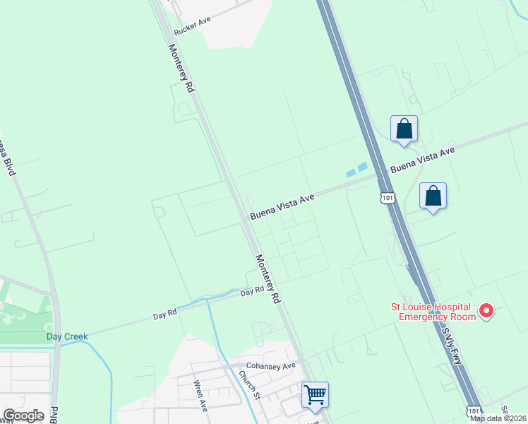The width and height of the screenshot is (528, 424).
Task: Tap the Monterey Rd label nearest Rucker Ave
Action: tap(180, 69)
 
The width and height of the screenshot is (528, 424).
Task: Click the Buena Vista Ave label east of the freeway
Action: tap(423, 160)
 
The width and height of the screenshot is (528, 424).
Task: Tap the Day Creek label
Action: tap(68, 336)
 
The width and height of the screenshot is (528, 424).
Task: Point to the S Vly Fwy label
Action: tap(450, 342)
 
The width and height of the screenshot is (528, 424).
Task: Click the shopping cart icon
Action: tap(315, 393)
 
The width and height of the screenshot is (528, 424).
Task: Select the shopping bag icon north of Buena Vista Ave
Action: tap(404, 129)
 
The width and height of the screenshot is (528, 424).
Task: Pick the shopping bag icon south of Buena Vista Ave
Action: tap(433, 196)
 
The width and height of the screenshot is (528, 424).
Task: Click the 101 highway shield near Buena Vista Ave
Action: tap(386, 198)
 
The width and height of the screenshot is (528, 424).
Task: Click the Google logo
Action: tap(24, 416)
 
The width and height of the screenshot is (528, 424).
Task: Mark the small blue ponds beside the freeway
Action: tap(356, 170)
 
